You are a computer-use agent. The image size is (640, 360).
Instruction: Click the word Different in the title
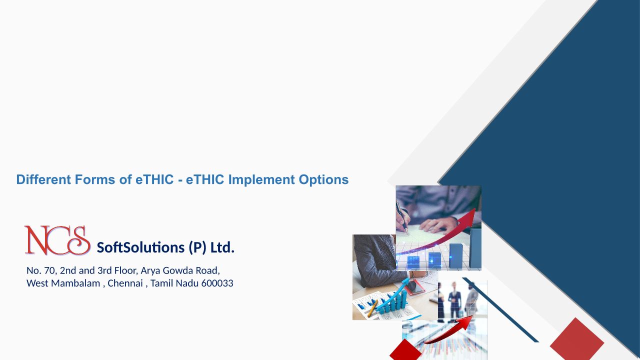point(43,179)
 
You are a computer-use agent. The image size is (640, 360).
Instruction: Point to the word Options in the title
point(323,180)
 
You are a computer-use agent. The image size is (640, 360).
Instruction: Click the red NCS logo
point(57,240)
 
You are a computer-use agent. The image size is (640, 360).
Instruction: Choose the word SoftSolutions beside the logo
point(140,247)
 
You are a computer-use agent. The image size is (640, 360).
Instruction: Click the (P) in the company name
point(197,247)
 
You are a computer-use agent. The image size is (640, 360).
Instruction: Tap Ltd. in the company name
point(222,247)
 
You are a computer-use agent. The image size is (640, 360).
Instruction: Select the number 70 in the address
point(49,270)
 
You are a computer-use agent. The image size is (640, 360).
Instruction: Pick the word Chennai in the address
point(125,283)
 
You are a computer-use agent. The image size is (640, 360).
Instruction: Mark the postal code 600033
point(217,283)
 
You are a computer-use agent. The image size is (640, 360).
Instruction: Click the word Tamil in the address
point(161,283)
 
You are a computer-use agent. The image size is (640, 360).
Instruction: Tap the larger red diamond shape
point(577,339)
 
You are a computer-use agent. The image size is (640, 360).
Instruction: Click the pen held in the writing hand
point(402,217)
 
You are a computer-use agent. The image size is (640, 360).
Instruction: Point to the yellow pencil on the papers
point(373,308)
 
